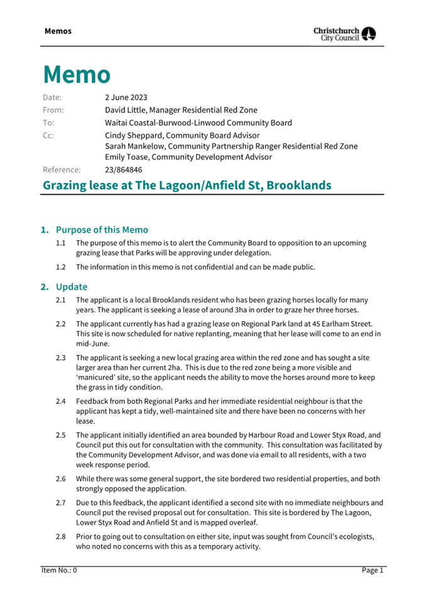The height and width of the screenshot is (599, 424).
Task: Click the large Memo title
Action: tap(77, 75)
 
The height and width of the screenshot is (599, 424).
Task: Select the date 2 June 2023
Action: tap(126, 97)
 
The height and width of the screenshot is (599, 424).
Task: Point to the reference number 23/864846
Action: tap(123, 169)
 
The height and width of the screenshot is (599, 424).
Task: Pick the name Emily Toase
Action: tap(128, 157)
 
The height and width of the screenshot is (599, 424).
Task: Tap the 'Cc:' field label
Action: tap(48, 135)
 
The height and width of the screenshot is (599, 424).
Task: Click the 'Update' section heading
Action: tap(72, 287)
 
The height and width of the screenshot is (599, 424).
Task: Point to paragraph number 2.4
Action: tap(61, 400)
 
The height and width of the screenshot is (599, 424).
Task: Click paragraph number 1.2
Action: tap(61, 267)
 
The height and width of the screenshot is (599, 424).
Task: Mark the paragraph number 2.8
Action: tap(61, 536)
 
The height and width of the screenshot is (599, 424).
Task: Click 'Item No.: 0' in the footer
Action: tap(59, 570)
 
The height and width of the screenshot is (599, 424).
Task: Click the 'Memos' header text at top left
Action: tap(58, 31)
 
